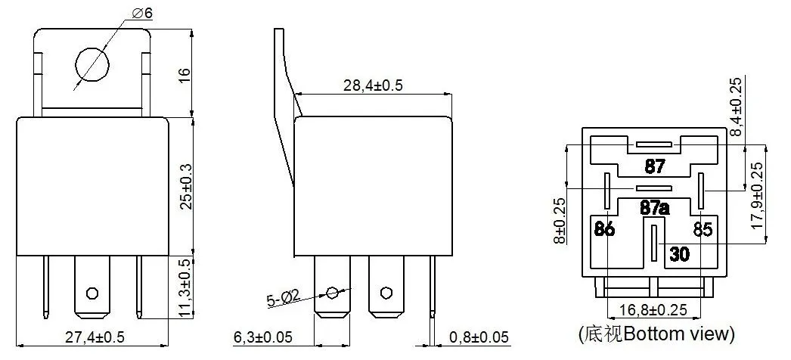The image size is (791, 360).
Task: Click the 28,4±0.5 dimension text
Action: pos(373,85)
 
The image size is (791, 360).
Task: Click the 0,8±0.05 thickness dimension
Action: pos(478,337)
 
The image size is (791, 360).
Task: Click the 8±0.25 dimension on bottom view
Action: pos(560,220)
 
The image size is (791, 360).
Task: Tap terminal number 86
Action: pos(604,229)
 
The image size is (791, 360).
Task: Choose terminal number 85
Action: pos(703,229)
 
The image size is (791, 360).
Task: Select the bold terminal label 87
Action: pos(654,166)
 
